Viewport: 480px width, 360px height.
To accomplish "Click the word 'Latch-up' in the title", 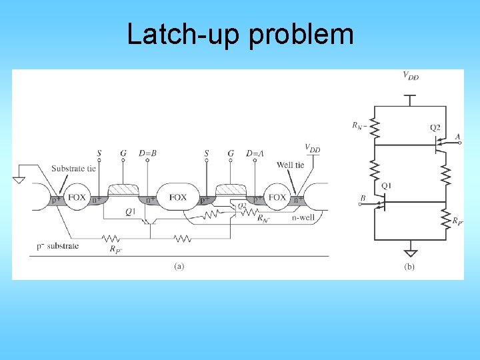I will click(185, 34).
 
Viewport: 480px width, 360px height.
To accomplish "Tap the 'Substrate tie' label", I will click(73, 168).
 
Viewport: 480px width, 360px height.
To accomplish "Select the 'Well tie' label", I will click(290, 165).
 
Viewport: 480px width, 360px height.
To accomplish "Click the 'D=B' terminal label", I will click(147, 153).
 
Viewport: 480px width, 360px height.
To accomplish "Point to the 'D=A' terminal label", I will click(255, 153).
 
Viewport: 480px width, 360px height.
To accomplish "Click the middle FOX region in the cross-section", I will click(178, 197).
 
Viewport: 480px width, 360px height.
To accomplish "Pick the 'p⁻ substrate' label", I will click(58, 246).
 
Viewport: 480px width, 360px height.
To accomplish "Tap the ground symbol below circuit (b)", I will click(411, 252).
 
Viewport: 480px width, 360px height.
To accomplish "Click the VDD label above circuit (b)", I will click(411, 76).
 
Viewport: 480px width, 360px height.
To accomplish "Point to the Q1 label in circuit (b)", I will click(387, 185).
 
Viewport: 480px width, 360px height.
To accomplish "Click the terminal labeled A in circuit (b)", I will click(457, 137).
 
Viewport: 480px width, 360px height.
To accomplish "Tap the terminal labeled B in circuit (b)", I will click(362, 198).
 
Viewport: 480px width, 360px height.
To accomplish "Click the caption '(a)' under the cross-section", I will click(179, 266).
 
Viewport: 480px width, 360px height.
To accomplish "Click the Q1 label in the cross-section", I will click(131, 212).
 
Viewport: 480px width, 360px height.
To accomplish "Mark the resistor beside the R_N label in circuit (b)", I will click(374, 126).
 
